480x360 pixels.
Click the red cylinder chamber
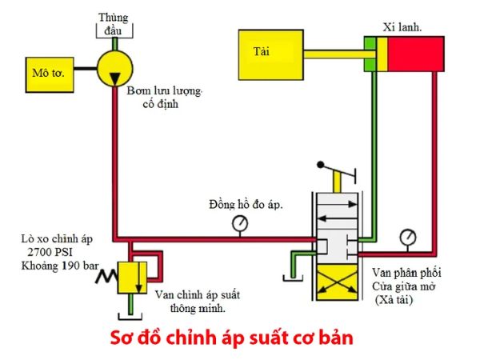click(x=414, y=54)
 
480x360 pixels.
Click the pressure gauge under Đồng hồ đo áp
click(x=239, y=225)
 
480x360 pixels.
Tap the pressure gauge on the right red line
click(x=409, y=238)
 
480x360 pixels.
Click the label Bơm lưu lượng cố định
click(x=166, y=96)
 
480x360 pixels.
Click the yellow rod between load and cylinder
click(x=331, y=54)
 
